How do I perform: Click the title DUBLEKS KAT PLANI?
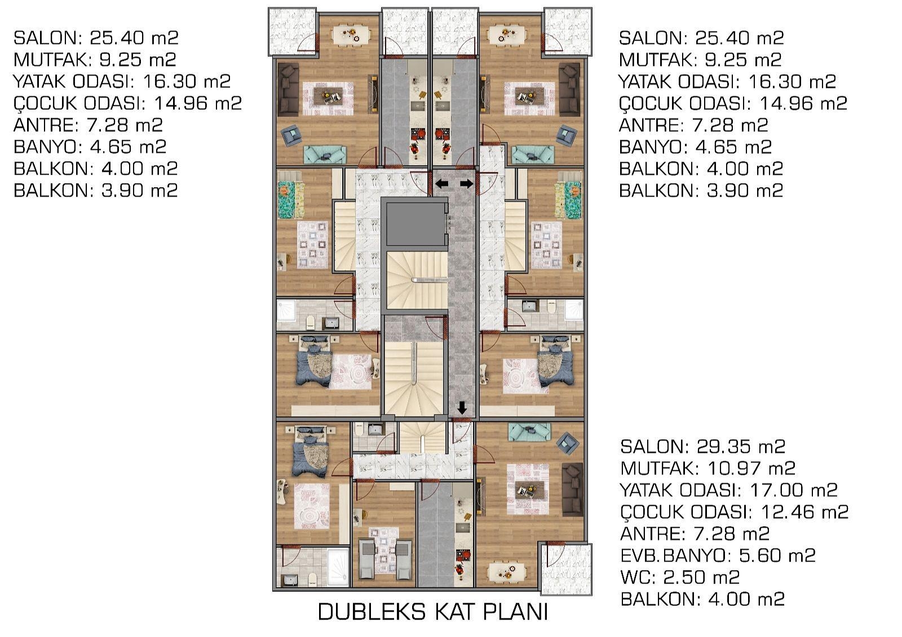(433, 612)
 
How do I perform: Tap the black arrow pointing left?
(442, 184)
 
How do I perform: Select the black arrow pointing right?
(467, 184)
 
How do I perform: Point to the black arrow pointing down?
(462, 408)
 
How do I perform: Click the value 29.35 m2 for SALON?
(741, 447)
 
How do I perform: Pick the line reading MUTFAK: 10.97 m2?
(708, 469)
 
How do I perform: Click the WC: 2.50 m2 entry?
(680, 577)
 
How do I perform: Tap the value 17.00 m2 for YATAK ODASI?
(794, 490)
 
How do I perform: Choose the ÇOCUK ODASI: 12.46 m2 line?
(735, 512)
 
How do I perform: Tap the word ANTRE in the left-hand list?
(46, 125)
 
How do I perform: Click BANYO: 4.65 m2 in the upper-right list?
(696, 147)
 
